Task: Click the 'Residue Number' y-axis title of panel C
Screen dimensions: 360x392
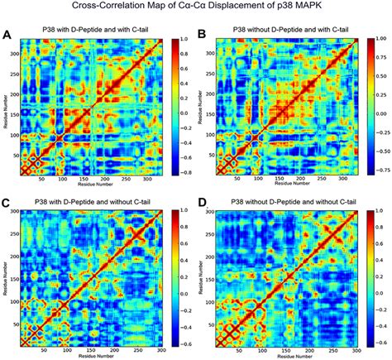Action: tap(5, 277)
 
